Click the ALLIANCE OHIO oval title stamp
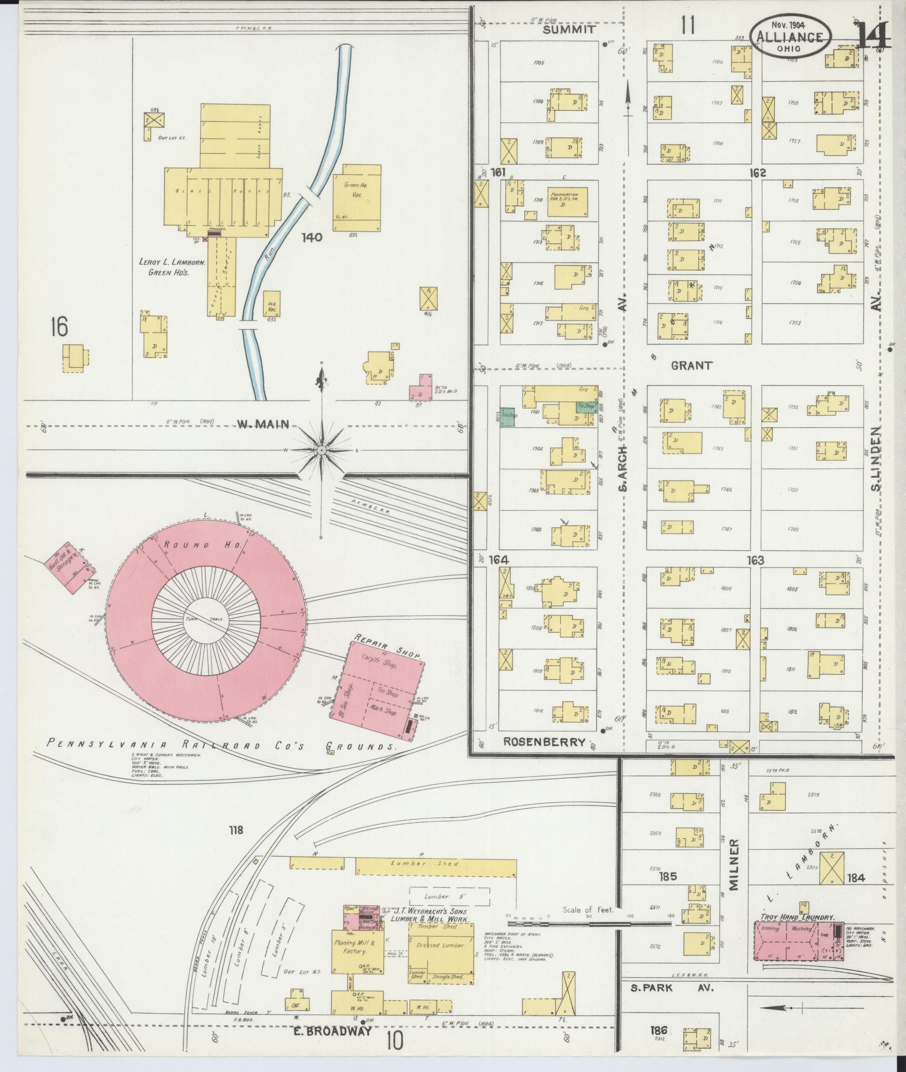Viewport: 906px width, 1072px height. (x=790, y=38)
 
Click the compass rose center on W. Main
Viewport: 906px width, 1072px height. (x=322, y=449)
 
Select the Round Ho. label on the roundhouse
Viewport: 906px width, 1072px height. (x=201, y=545)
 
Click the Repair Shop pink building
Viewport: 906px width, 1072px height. (x=384, y=690)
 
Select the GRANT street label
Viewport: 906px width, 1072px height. (x=691, y=365)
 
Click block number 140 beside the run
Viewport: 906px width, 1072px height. (x=312, y=238)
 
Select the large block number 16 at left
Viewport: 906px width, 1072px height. (x=58, y=327)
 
